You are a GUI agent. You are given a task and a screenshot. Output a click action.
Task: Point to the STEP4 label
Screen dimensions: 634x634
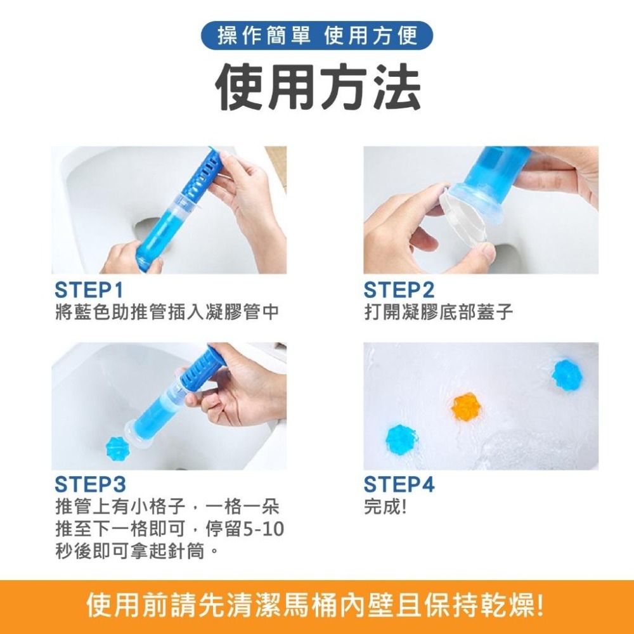coord(399,485)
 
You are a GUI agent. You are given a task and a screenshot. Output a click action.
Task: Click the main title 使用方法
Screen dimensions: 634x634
coord(317,87)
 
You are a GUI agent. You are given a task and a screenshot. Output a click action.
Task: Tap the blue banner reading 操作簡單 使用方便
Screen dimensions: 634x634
coord(317,36)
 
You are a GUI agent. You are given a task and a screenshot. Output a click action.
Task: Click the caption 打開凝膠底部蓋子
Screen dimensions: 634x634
coord(439,312)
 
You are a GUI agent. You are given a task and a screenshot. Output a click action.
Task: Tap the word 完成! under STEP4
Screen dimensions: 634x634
coord(385,507)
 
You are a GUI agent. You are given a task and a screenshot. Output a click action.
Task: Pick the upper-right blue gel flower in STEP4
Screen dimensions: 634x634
coord(566,375)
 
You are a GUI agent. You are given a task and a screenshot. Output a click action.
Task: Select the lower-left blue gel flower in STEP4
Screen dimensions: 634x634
coord(403,437)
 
